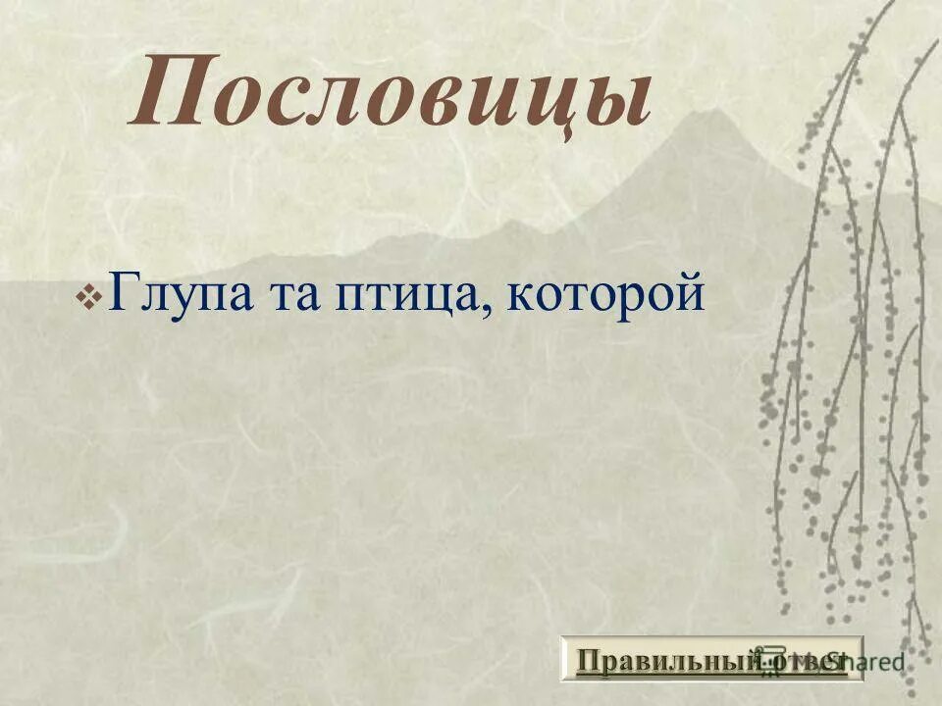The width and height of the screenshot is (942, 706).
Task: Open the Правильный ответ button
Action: pyautogui.click(x=711, y=658)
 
